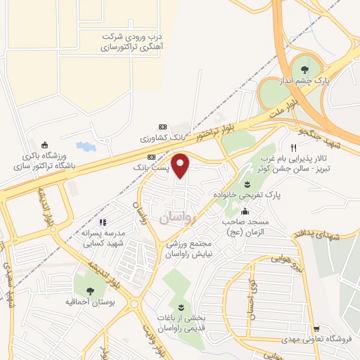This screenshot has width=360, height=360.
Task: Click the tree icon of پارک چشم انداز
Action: click(304, 69)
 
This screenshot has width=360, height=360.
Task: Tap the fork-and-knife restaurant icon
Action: click(292, 148)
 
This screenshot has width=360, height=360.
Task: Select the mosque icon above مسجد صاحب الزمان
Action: click(245, 212)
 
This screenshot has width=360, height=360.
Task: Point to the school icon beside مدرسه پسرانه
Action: click(103, 223)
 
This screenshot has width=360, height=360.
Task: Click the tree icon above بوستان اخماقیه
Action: click(88, 290)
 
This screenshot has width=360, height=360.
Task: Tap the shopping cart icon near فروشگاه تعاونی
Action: click(316, 328)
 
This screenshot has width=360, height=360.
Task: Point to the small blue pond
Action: click(84, 148)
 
